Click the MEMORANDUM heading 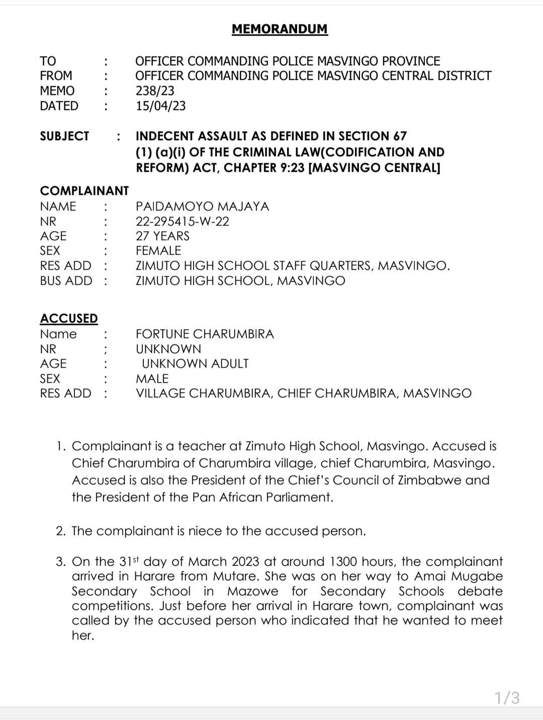click(x=280, y=29)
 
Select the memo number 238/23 click(x=155, y=91)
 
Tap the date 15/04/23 click(x=160, y=106)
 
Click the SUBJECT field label click(x=64, y=136)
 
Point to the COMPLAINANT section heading click(x=84, y=191)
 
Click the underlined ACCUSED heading click(x=69, y=319)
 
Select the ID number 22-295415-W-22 click(x=183, y=221)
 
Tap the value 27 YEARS click(x=162, y=236)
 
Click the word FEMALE click(x=158, y=251)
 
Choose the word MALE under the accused click(x=152, y=378)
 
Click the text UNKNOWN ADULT click(x=195, y=364)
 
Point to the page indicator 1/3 click(x=507, y=697)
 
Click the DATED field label click(x=59, y=106)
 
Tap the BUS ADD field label click(x=66, y=280)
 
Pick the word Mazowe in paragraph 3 click(x=250, y=591)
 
